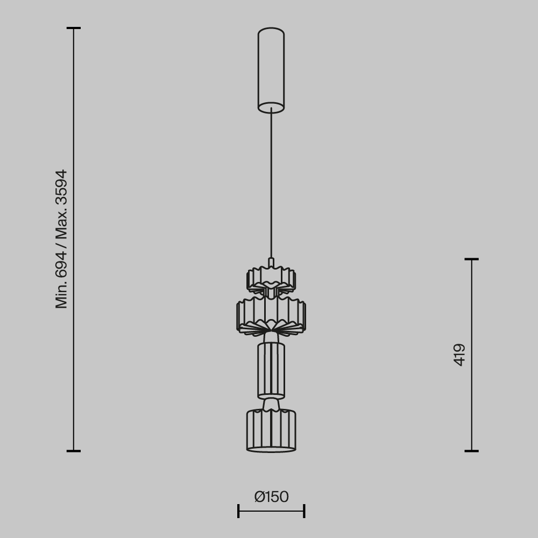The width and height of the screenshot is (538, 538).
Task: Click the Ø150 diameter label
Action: click(272, 497)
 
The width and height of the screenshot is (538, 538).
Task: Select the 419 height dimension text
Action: click(459, 355)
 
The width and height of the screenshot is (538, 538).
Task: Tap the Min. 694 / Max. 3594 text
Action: click(62, 239)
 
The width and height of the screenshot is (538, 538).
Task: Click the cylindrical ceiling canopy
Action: click(271, 67)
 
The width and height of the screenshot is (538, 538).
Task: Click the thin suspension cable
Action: click(271, 183)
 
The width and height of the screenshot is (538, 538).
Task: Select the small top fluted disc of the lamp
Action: click(271, 278)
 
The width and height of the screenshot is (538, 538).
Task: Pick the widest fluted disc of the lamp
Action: click(271, 312)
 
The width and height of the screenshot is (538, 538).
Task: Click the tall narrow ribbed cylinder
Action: click(271, 370)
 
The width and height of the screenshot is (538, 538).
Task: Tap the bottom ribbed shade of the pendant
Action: click(271, 430)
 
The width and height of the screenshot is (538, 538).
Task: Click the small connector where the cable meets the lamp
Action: click(271, 262)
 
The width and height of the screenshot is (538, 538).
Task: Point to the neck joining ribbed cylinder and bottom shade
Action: click(271, 403)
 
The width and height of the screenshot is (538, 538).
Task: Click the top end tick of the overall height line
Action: click(74, 28)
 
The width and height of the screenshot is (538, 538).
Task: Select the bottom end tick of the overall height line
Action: click(74, 451)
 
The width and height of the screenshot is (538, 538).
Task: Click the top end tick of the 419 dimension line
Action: click(472, 259)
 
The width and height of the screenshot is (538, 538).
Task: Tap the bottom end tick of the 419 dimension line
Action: click(472, 451)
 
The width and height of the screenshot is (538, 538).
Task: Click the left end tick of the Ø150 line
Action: click(238, 511)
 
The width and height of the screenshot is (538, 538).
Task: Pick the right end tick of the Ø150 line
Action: click(305, 511)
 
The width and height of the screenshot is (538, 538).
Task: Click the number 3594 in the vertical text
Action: click(62, 187)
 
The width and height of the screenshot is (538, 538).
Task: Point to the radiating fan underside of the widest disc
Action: click(271, 326)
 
